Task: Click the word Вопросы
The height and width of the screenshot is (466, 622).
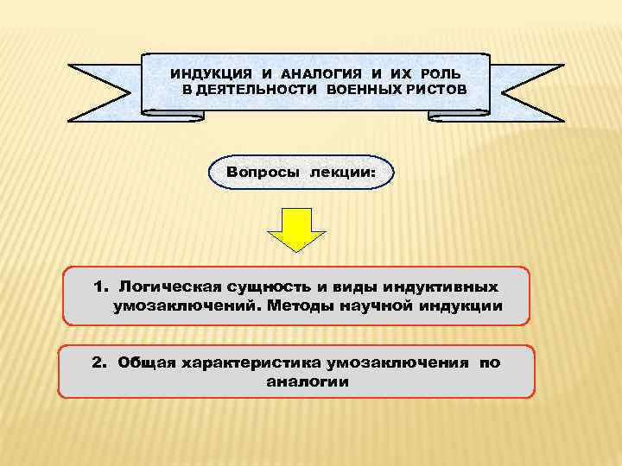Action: [x=263, y=173]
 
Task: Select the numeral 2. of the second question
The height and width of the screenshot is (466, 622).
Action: [x=100, y=363]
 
